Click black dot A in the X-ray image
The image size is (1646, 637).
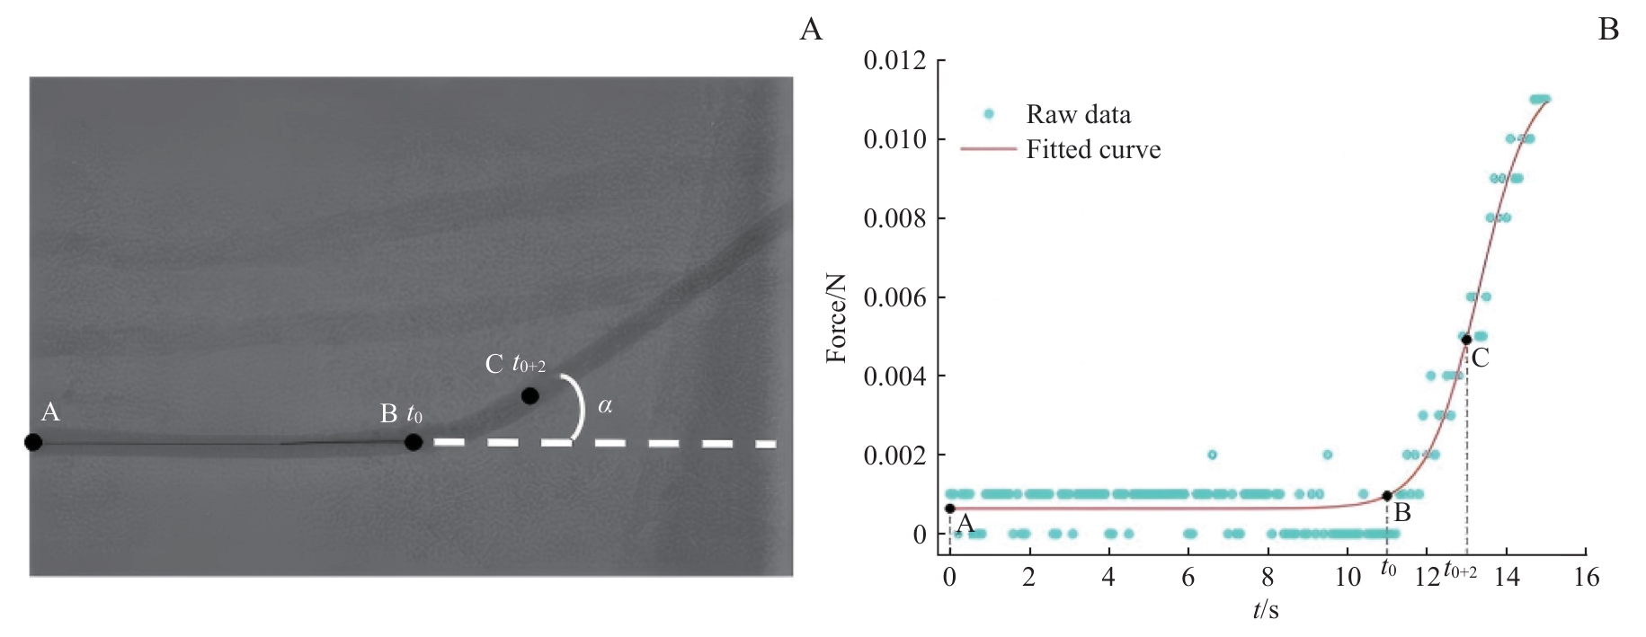click(33, 442)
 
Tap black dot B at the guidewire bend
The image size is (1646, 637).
click(414, 442)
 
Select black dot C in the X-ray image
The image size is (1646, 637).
click(530, 395)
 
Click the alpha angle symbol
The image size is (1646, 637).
click(605, 406)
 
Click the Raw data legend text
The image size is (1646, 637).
click(1078, 114)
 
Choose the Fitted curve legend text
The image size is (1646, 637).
click(1093, 149)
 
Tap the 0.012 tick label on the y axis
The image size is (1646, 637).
click(894, 61)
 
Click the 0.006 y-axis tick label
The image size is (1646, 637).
click(894, 297)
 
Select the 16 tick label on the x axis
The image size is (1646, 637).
click(1587, 577)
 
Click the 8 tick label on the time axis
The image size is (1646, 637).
click(1268, 577)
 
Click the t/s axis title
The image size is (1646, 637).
click(1266, 611)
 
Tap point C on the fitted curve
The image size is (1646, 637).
click(1466, 340)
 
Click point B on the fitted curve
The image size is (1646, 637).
click(1387, 496)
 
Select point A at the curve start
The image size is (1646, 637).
click(950, 509)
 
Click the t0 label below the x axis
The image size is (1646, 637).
click(1389, 570)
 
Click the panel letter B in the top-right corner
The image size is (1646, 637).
click(1608, 30)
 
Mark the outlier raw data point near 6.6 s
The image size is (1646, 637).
click(1212, 455)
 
